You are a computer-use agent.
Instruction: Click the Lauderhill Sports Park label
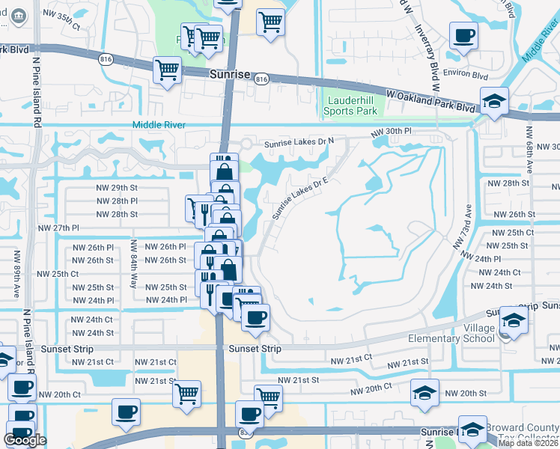pyautogui.click(x=350, y=106)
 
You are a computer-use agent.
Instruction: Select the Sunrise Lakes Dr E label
pyautogui.click(x=300, y=198)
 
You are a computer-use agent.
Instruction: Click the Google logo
pyautogui.click(x=25, y=440)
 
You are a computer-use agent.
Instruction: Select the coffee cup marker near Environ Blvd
pyautogui.click(x=463, y=34)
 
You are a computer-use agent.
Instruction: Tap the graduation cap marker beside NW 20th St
pyautogui.click(x=424, y=392)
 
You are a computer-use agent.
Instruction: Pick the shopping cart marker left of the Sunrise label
pyautogui.click(x=167, y=70)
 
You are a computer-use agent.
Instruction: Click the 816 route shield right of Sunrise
pyautogui.click(x=261, y=79)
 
